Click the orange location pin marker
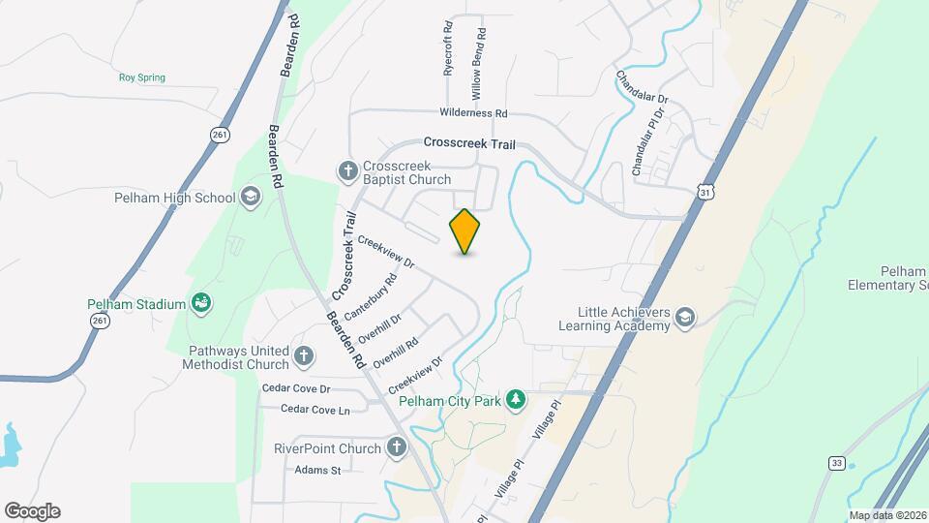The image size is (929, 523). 465,231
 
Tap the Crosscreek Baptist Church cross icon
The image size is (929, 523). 348,171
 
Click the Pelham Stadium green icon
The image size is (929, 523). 201,304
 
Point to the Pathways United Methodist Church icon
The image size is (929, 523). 304,356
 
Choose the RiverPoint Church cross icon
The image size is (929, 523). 396,447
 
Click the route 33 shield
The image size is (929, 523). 835,464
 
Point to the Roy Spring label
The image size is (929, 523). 142,77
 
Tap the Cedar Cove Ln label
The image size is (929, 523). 315,410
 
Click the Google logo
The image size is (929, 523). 32,511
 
